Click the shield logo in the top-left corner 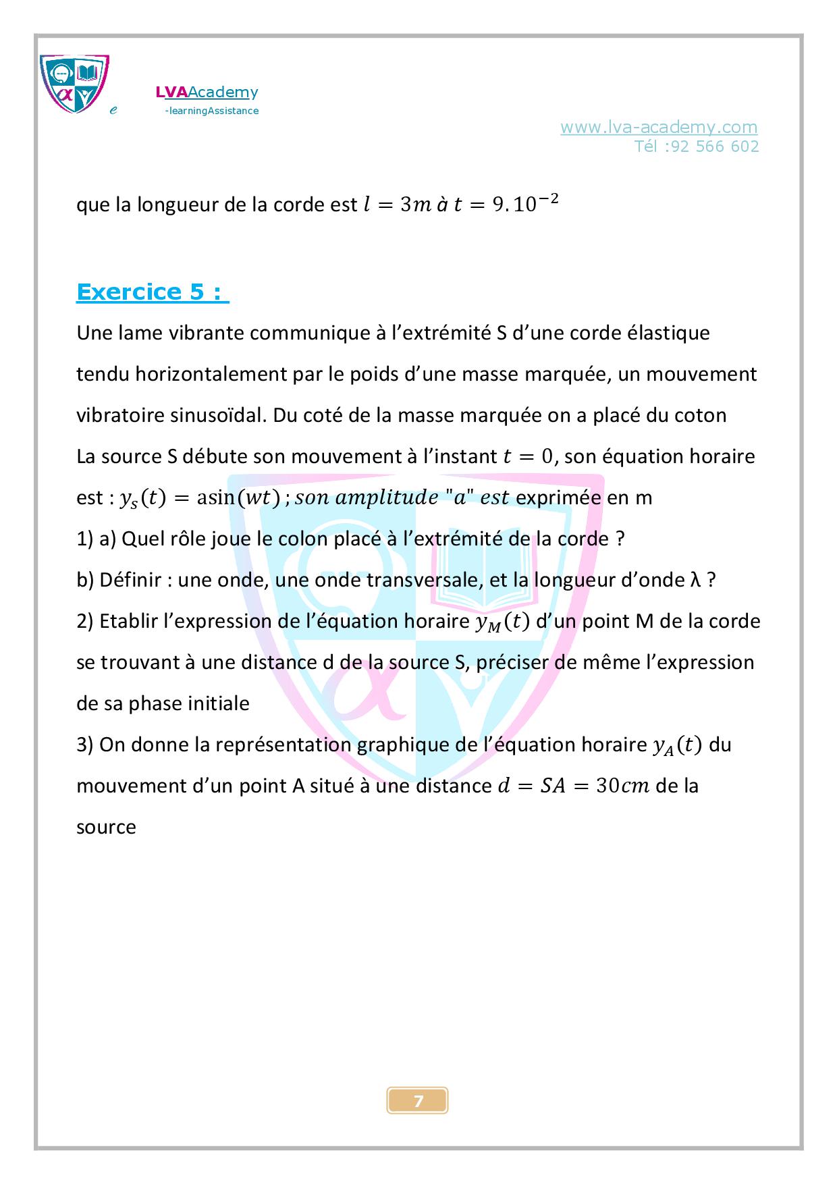74,84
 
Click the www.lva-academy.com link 659,127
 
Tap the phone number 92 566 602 714,146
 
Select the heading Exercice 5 153,292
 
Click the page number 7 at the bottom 418,1101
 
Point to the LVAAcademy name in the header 207,92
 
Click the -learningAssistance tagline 211,111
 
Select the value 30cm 622,786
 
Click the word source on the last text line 106,828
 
